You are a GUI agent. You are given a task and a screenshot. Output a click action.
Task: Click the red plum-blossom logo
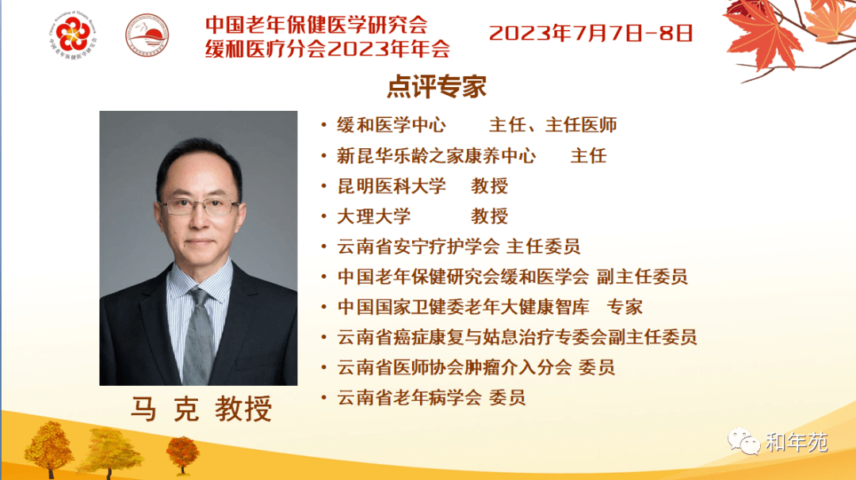[x=73, y=33]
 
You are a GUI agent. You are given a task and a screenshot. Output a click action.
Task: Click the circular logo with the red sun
[x=147, y=36]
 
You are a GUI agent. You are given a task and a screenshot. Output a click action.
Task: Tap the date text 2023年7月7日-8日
[x=590, y=33]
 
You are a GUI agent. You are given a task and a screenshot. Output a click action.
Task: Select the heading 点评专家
[x=437, y=86]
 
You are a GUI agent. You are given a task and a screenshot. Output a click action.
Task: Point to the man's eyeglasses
[x=200, y=206]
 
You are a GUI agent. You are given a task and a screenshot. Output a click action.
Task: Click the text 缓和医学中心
[x=392, y=125]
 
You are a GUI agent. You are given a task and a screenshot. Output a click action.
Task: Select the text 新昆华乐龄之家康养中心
[x=436, y=156]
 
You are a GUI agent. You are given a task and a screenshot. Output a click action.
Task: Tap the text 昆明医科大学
[x=392, y=186]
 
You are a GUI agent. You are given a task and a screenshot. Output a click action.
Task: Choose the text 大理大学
[x=373, y=216]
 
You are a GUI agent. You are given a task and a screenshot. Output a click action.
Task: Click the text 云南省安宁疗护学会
[x=418, y=246]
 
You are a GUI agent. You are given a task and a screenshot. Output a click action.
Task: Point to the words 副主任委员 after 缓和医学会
[x=642, y=277]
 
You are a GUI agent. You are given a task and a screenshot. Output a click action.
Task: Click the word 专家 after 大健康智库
[x=625, y=307]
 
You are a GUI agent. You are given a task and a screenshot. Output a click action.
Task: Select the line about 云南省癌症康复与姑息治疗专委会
[x=517, y=337]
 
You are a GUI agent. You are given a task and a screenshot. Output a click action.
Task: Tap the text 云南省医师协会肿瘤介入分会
[x=454, y=368]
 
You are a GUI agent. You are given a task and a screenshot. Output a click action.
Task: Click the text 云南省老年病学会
[x=410, y=398]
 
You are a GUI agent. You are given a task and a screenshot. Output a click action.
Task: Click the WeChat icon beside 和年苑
[x=743, y=441]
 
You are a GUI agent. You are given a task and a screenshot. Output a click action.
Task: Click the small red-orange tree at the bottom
[x=182, y=454]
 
